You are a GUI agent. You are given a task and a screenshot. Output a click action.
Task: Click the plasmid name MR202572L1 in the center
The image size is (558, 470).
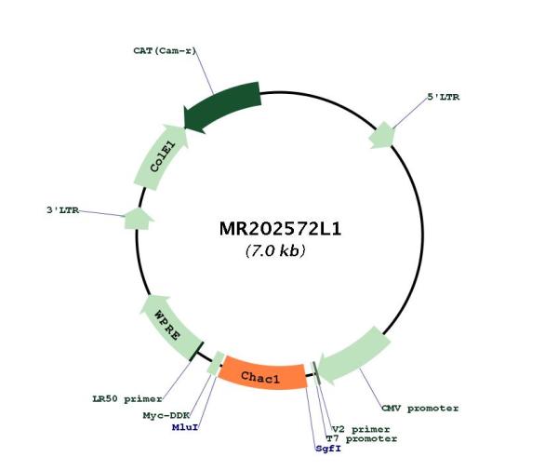pos(280,229)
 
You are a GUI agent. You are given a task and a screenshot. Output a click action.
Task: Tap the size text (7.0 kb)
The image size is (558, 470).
pos(275,251)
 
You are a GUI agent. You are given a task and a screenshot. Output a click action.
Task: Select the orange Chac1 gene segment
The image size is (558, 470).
pos(262,376)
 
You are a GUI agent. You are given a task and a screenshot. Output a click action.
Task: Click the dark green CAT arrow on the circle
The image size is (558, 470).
pos(222,107)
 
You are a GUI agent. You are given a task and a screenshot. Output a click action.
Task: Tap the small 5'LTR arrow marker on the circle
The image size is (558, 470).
pos(382,135)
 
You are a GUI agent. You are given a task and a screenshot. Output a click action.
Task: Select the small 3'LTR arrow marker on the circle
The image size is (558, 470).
pos(138,219)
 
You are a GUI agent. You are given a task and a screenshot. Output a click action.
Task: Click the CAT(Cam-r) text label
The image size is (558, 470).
pos(165,50)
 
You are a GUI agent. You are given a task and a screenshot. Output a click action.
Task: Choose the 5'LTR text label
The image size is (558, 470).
pos(443,97)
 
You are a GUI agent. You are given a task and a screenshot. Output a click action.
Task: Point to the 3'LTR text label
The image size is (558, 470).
pos(62,210)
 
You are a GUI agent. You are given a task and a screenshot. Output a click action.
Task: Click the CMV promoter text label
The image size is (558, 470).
pos(420,408)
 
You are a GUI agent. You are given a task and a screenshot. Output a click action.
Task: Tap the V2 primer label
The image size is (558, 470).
pos(361,429)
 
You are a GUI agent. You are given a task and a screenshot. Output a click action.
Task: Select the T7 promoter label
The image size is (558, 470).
pos(361,438)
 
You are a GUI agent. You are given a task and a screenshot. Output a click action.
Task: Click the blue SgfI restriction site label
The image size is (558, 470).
pos(328,449)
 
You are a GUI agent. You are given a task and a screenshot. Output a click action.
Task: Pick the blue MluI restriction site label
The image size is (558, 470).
pos(185,427)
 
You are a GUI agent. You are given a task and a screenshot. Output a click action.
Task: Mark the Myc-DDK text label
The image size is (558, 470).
pos(166,415)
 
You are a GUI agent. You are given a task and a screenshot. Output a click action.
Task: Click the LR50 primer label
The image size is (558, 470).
pos(127,398)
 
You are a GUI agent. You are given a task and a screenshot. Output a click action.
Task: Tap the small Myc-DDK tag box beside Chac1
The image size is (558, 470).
pos(216,363)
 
